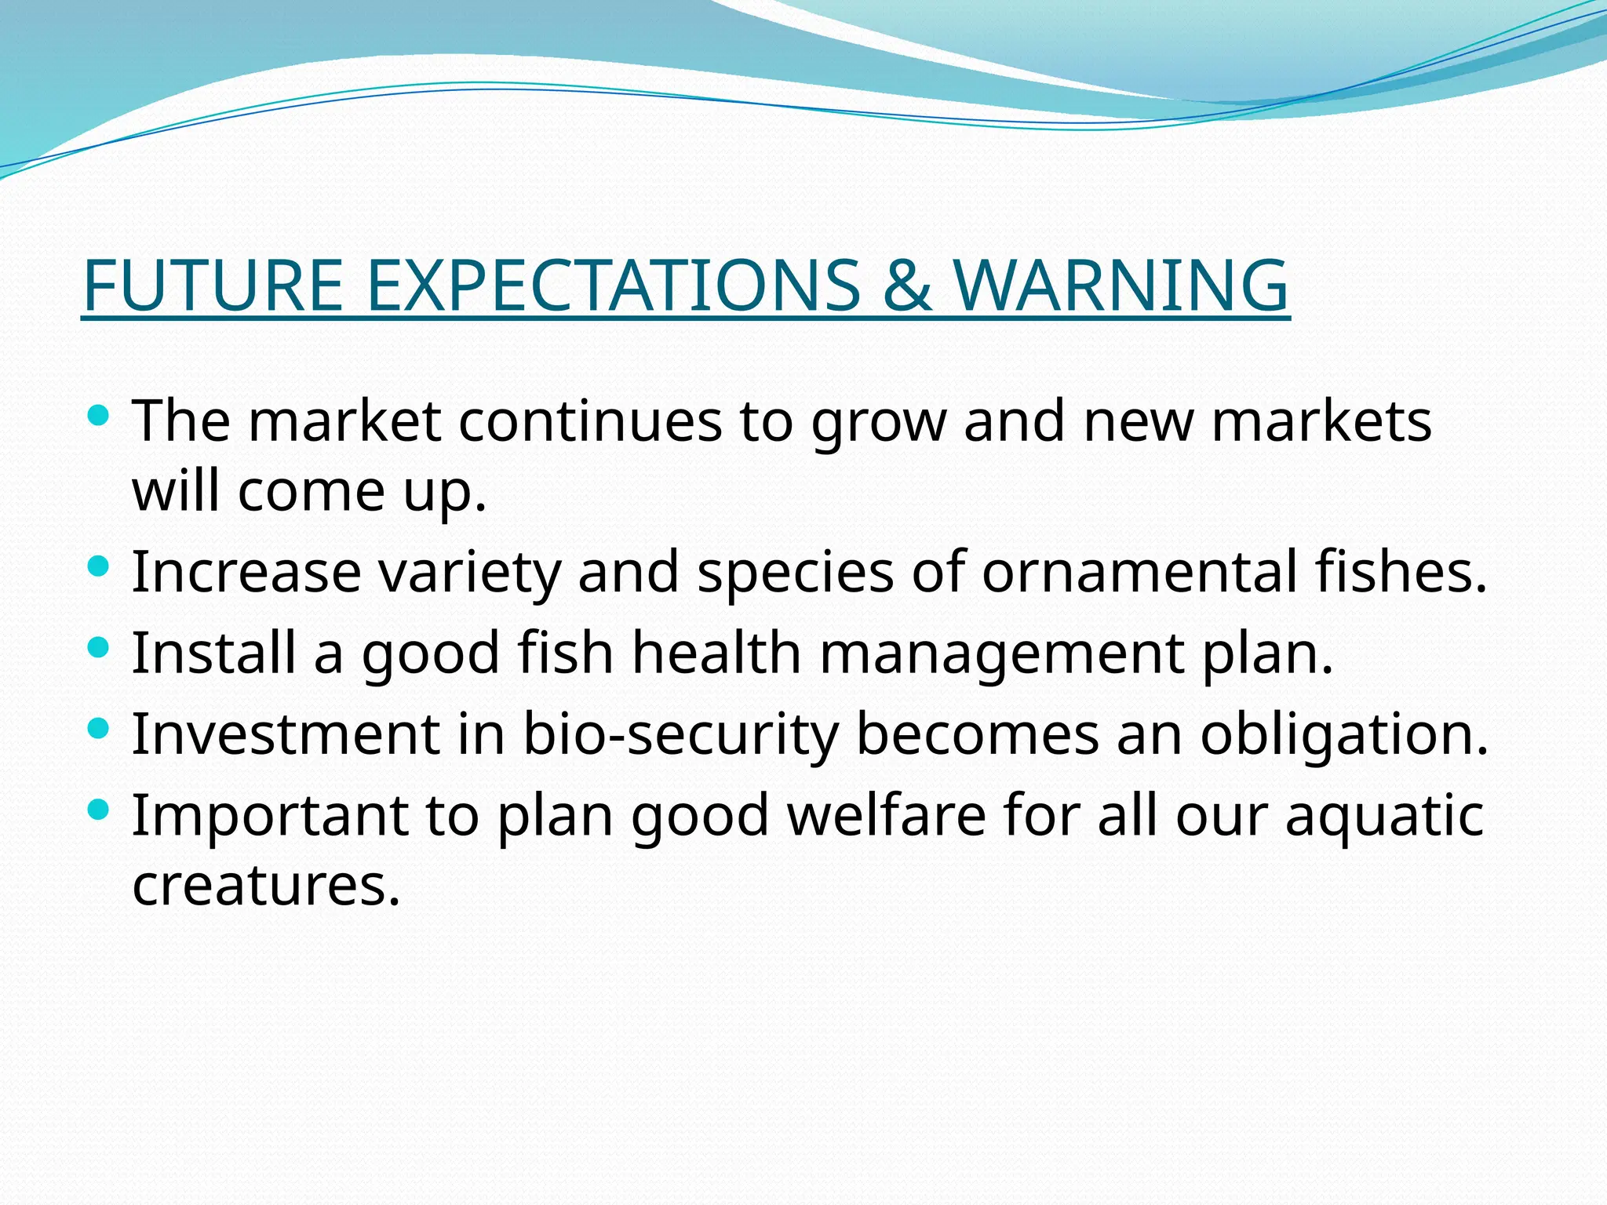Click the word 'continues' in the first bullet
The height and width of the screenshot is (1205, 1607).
coord(590,422)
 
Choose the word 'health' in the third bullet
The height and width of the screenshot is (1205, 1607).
coord(716,654)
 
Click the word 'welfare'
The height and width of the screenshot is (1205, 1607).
coord(887,816)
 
